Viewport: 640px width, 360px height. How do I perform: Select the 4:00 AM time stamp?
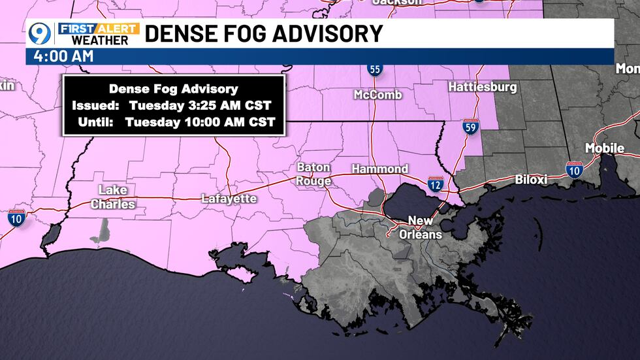point(61,57)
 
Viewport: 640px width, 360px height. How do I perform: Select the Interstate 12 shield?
point(436,184)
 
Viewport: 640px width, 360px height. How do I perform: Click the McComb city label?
point(377,95)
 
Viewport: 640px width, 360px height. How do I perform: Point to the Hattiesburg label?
point(483,87)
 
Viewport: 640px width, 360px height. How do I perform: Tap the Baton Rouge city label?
point(313,174)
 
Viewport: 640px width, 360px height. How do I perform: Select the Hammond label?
point(379,169)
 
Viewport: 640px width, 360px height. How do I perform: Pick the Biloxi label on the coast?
point(530,179)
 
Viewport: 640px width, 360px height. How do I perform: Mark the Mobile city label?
point(604,148)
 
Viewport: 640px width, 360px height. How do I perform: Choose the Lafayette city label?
point(229,198)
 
